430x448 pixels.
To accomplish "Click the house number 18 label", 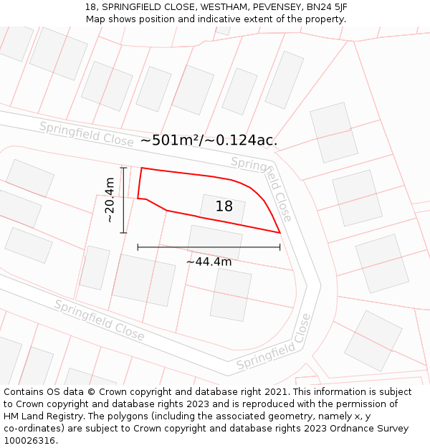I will (224, 206).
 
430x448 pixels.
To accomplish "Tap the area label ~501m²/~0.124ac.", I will (209, 140).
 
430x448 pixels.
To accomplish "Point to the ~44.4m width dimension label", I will (209, 262).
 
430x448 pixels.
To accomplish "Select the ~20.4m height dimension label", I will (110, 200).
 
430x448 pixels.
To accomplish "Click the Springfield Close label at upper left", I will (86, 134).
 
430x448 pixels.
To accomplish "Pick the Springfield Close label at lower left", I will (100, 320).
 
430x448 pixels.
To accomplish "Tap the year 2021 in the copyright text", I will (276, 392).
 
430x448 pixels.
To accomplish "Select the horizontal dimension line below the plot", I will (209, 247).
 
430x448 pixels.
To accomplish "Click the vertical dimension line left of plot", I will (123, 200).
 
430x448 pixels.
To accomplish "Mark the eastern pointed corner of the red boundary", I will (279, 232).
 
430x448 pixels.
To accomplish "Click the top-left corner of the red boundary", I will (142, 168).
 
